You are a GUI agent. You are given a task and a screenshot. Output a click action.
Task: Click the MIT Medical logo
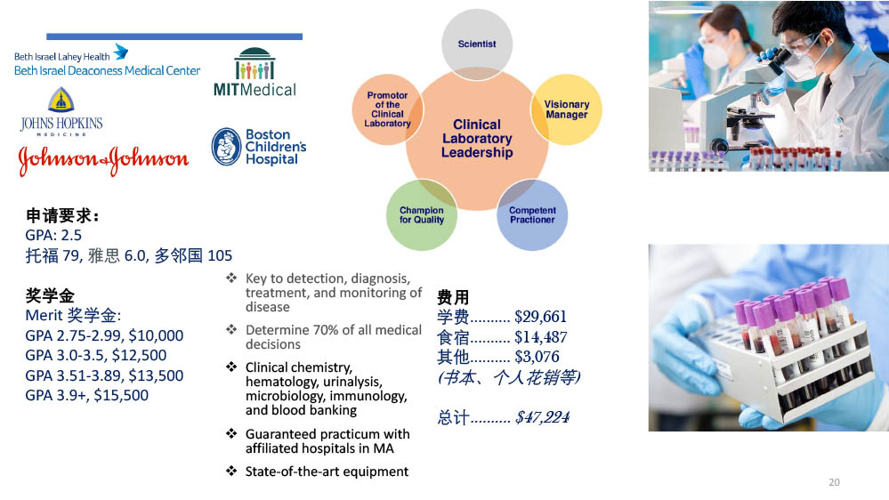[x=255, y=72]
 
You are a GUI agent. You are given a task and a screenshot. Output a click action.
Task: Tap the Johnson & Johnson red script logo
[x=103, y=160]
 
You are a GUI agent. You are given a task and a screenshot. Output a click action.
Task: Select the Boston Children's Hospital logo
[x=259, y=147]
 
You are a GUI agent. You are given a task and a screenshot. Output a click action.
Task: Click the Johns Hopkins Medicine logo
[x=61, y=112]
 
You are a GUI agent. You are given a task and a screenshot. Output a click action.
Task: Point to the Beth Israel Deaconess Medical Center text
[x=107, y=71]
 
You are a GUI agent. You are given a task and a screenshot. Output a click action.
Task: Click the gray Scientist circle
[x=477, y=44]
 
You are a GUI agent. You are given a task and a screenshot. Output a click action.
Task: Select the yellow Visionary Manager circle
[x=566, y=109]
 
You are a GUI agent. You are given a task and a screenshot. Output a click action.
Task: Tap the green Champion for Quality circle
[x=421, y=214]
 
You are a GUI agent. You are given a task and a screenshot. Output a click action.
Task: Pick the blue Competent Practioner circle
[x=532, y=214]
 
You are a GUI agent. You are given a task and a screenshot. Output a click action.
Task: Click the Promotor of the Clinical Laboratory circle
[x=387, y=109]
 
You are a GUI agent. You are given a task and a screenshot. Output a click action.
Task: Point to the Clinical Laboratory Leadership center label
[x=477, y=138]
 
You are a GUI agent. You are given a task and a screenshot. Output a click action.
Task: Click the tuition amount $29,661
[x=540, y=317]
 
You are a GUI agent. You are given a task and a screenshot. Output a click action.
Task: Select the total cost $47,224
[x=542, y=417]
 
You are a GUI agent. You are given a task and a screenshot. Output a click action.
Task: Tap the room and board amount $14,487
[x=540, y=336]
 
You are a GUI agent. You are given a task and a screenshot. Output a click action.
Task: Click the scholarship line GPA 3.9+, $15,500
[x=86, y=395]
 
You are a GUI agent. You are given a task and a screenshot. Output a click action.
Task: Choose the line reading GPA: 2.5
[x=53, y=235]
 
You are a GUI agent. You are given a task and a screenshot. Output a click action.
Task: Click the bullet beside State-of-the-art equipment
[x=231, y=471]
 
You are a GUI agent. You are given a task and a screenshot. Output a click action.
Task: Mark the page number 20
[x=834, y=482]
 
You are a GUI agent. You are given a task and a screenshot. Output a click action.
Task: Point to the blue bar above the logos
[x=174, y=36]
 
